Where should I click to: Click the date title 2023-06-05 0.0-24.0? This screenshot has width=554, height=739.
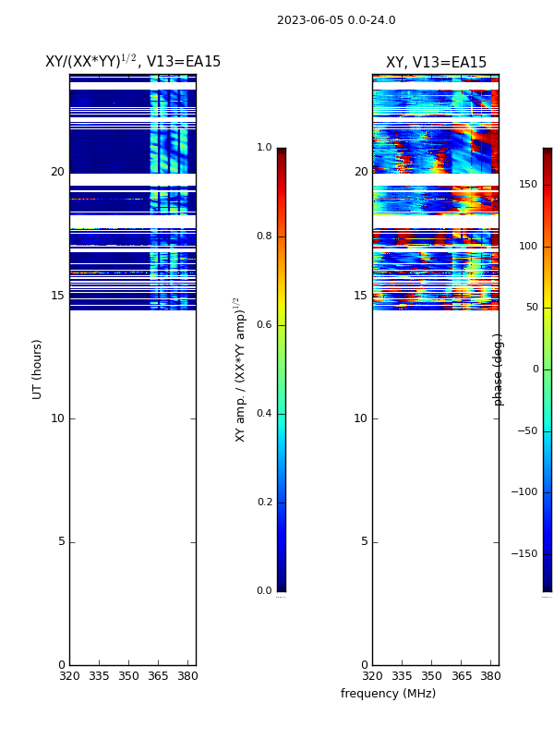tap(336, 20)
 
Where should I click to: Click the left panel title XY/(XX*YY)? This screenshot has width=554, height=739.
tap(133, 62)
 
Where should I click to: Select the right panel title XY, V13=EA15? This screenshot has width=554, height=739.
tap(436, 63)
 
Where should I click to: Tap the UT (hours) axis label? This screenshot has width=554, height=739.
tap(38, 369)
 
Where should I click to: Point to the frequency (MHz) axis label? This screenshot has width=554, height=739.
tap(388, 694)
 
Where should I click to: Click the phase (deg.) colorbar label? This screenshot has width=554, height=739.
tap(500, 369)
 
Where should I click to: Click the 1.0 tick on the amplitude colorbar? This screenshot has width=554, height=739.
tap(264, 148)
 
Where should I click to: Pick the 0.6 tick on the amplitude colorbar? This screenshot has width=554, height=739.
tap(264, 325)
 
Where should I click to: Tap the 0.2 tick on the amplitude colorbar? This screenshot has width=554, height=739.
tap(264, 503)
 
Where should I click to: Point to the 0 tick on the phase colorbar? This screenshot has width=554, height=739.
tap(534, 369)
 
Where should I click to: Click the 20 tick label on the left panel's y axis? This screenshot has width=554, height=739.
tap(57, 172)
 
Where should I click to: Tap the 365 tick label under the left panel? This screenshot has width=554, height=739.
tap(159, 676)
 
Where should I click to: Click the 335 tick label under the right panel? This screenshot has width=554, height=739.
tap(402, 676)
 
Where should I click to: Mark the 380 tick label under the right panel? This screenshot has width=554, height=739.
tap(491, 676)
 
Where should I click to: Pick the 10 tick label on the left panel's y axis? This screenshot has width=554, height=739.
tap(57, 418)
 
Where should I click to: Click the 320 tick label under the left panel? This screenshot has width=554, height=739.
tap(69, 676)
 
